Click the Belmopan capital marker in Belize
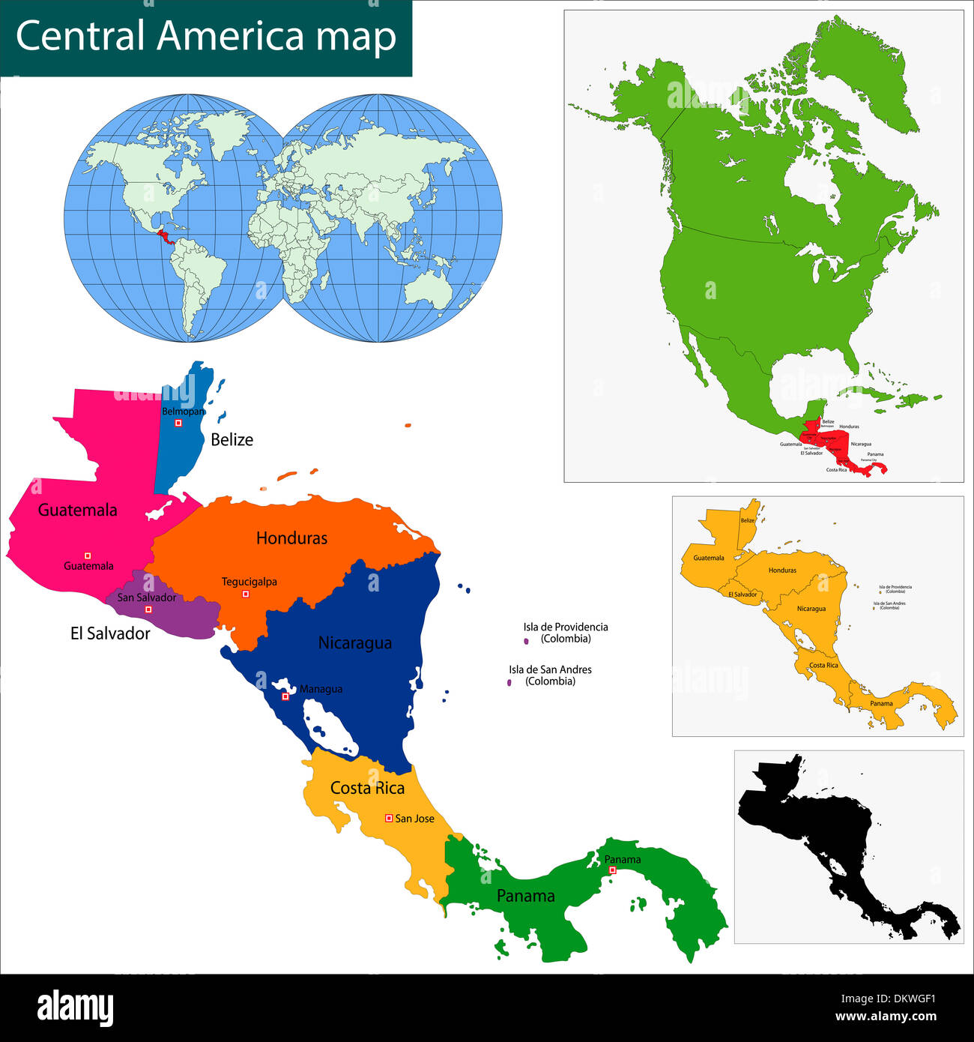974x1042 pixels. (x=178, y=423)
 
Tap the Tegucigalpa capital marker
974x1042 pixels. (x=245, y=594)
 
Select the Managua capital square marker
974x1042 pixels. (x=285, y=696)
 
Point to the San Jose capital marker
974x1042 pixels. (x=388, y=819)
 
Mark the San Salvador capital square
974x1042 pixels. (x=148, y=609)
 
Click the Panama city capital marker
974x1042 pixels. (x=612, y=870)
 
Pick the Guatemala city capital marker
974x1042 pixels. (x=88, y=555)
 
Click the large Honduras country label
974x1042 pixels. (x=291, y=537)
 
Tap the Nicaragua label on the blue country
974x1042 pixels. (x=354, y=642)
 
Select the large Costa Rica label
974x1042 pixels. (x=367, y=788)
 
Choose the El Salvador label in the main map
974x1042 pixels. (x=110, y=633)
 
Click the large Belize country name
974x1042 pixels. (x=232, y=439)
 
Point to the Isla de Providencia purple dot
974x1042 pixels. (x=526, y=641)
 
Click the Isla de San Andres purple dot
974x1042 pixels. (x=509, y=682)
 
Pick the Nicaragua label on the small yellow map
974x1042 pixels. (x=811, y=609)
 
